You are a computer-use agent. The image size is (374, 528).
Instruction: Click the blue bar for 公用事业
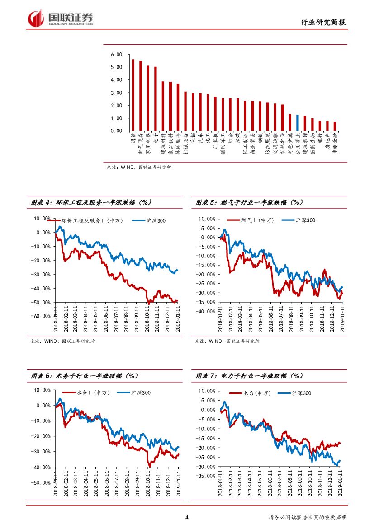[298, 122]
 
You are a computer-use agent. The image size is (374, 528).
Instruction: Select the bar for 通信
[133, 95]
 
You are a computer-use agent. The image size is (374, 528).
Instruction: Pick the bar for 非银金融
[335, 126]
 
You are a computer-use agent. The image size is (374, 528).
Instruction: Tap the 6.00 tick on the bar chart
[116, 55]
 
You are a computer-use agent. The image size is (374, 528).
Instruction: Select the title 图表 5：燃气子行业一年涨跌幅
[256, 203]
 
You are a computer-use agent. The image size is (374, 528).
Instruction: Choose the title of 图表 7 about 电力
[249, 375]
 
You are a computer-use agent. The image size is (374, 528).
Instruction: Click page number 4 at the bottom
[187, 518]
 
